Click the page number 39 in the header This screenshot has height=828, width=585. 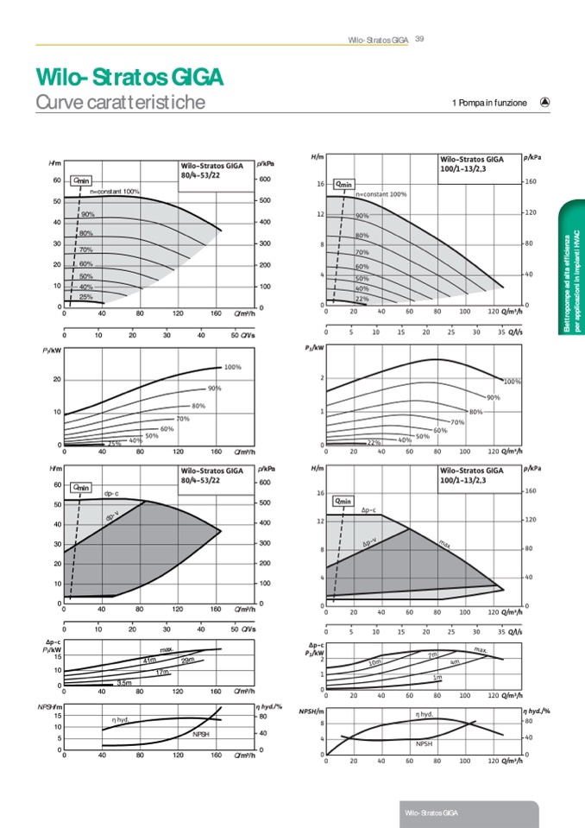(x=419, y=38)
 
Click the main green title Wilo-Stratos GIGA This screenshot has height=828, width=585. (x=129, y=78)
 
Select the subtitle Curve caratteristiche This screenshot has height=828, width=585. (x=120, y=103)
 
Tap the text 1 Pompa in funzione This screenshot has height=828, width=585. (x=488, y=103)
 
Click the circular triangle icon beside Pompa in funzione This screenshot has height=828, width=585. (x=544, y=101)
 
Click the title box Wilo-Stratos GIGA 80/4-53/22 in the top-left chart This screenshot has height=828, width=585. (x=212, y=170)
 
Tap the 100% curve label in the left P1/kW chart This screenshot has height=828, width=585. (x=232, y=367)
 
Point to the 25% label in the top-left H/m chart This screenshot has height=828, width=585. (x=86, y=296)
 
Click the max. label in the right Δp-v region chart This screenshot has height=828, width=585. (x=445, y=544)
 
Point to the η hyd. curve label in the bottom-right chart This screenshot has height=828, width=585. (x=425, y=714)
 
